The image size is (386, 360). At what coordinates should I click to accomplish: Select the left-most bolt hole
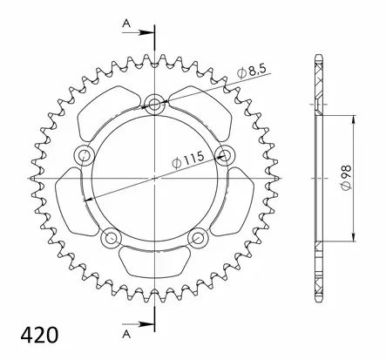point(85,156)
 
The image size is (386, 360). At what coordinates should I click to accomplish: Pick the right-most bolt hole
point(226,156)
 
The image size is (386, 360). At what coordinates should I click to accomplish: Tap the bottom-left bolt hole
point(112,238)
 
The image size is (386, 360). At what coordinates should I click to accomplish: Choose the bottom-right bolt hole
point(199,238)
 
